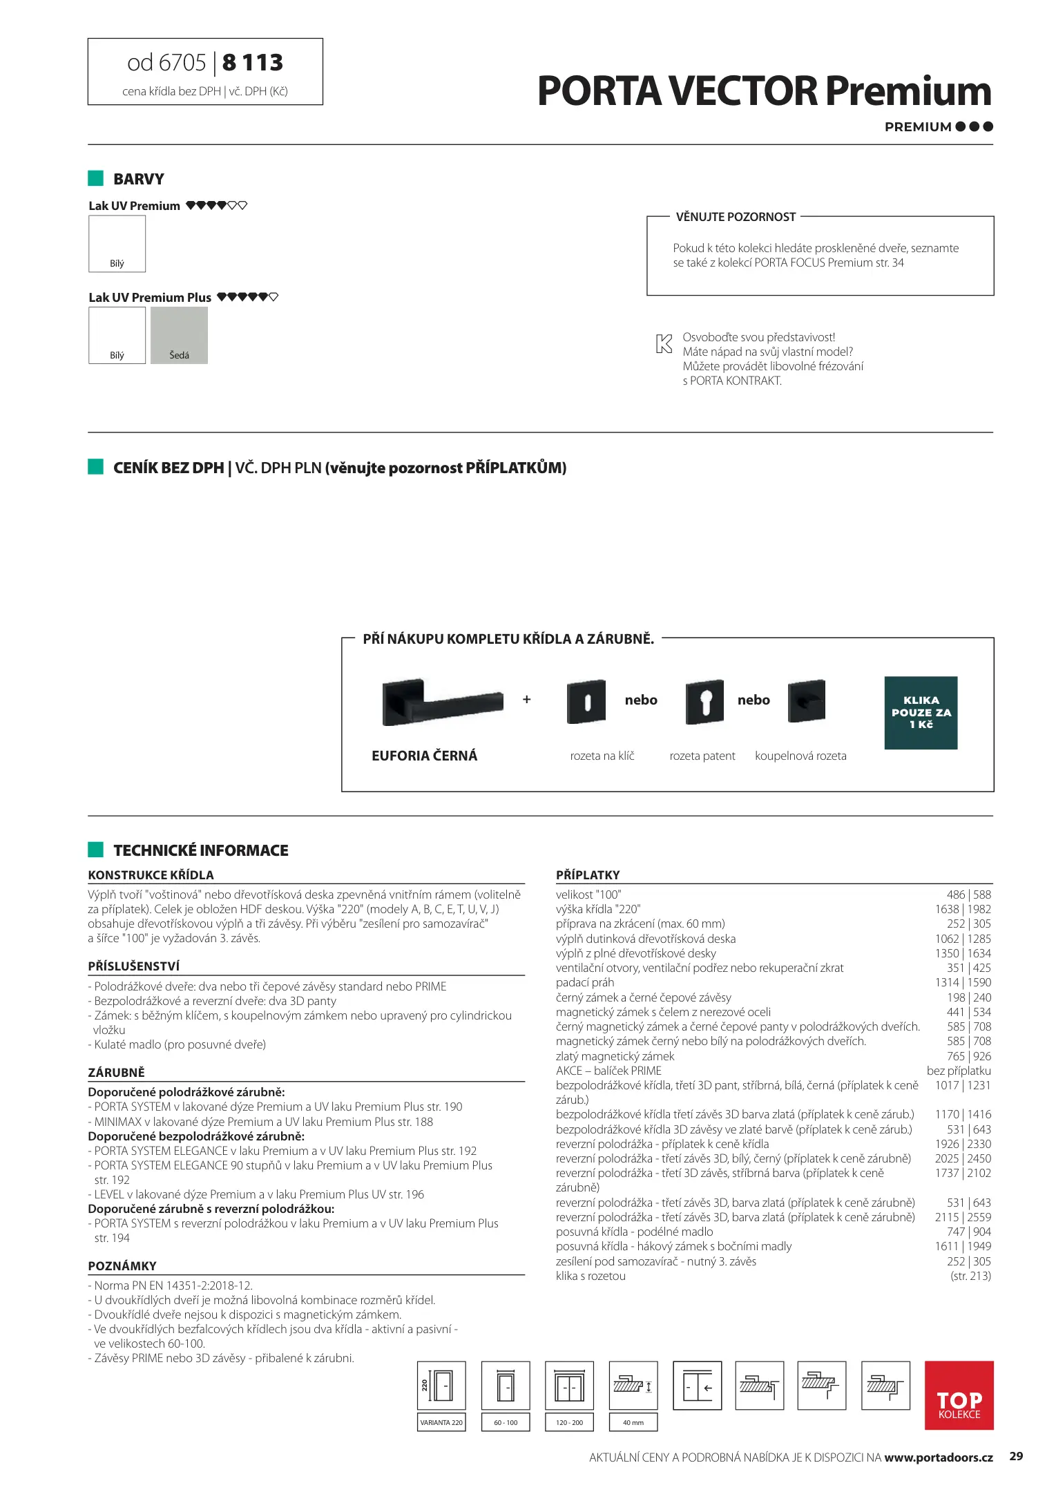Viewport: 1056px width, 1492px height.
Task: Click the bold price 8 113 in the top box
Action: click(253, 63)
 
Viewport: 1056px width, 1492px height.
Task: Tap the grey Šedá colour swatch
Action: click(179, 335)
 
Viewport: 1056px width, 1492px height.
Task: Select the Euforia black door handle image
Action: click(442, 702)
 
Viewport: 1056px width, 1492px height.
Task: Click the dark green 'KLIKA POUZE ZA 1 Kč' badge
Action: click(921, 712)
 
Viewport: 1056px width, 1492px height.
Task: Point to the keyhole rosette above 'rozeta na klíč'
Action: click(586, 702)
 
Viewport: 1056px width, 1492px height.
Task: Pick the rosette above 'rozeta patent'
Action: click(704, 702)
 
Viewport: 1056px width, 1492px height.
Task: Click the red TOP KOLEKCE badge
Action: click(959, 1395)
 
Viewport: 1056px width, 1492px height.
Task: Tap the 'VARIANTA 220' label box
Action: click(441, 1422)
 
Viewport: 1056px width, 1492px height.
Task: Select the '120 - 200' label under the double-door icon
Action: click(569, 1422)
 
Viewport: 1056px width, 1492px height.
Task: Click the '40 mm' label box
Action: click(633, 1422)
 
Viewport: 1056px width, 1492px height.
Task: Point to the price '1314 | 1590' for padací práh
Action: click(963, 982)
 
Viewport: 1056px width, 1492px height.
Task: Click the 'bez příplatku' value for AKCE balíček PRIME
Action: click(959, 1071)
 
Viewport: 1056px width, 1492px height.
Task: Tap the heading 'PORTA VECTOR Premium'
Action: click(764, 92)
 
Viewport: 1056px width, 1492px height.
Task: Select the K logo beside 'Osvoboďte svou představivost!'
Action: click(664, 343)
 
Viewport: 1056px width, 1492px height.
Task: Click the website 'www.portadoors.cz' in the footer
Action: click(938, 1457)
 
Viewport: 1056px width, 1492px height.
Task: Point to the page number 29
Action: click(1016, 1456)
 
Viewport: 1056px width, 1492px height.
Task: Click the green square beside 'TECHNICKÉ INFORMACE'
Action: click(95, 850)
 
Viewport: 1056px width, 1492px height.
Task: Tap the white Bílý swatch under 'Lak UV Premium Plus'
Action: click(117, 335)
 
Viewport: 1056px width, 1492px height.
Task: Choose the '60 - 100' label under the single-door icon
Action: click(506, 1422)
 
